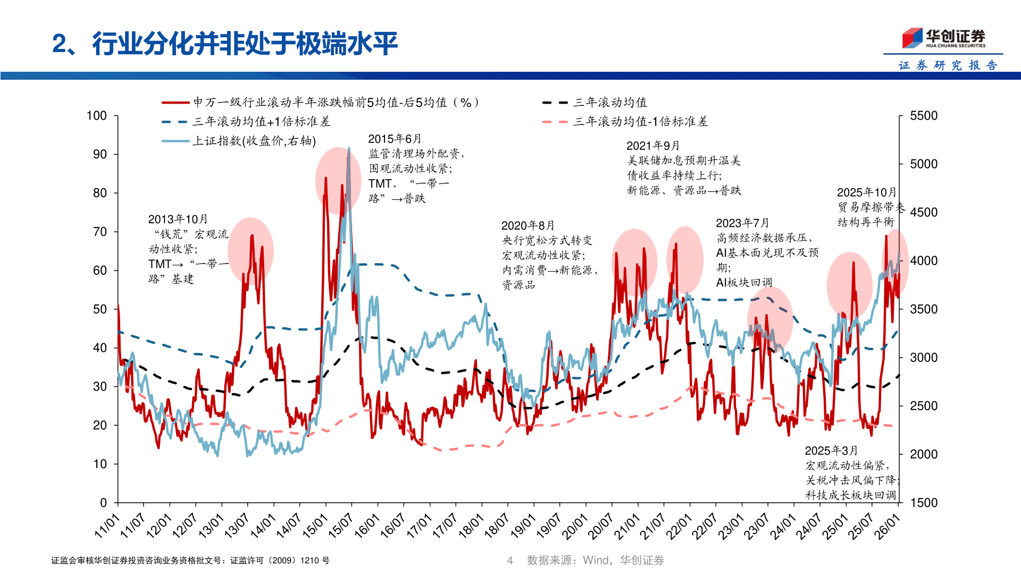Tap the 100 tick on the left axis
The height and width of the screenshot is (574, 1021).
(97, 116)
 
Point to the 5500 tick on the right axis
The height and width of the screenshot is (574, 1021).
(924, 116)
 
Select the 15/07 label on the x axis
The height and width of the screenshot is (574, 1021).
(340, 526)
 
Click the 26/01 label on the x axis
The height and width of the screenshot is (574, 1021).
(888, 526)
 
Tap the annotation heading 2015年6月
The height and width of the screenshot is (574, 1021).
(395, 139)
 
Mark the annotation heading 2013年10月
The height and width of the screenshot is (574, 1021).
(178, 220)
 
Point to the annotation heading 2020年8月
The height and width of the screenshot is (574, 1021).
(528, 226)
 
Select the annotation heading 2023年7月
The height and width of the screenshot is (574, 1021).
(742, 223)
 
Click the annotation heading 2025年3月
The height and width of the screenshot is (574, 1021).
(831, 451)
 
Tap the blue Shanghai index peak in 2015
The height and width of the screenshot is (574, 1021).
(349, 149)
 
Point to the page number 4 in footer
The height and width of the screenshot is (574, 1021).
(510, 560)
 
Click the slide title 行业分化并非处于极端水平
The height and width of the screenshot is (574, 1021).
(245, 44)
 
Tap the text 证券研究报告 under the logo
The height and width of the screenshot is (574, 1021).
(948, 65)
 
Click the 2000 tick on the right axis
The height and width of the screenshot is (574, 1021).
(924, 454)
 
